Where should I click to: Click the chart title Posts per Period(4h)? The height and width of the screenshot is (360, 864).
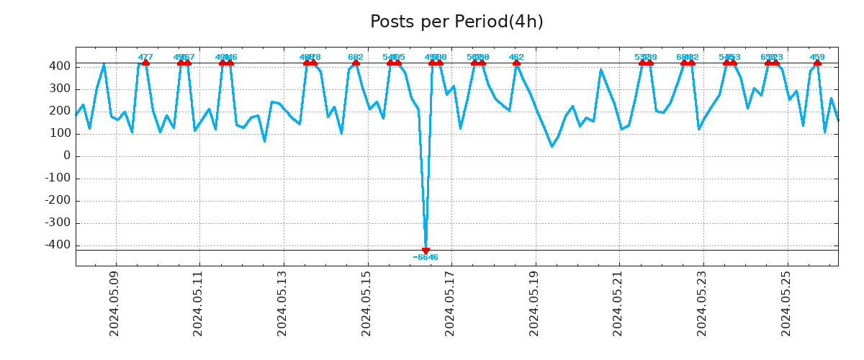[x=456, y=22]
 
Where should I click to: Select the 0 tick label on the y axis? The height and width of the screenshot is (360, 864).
[x=66, y=156]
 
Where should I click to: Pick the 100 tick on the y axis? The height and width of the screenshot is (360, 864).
[x=60, y=134]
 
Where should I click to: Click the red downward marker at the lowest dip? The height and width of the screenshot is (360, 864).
[x=426, y=251]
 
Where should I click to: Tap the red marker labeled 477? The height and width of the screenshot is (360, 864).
[x=145, y=63]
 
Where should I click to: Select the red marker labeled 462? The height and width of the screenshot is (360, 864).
[x=516, y=63]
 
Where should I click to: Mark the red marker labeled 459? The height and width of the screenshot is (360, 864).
[x=817, y=63]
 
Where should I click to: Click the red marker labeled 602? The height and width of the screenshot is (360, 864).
[x=356, y=63]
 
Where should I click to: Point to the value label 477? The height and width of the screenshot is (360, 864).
[x=145, y=57]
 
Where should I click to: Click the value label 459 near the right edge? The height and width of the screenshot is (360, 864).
[x=817, y=57]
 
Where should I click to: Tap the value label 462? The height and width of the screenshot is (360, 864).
[x=516, y=57]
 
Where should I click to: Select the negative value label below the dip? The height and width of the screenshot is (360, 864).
[x=426, y=258]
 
